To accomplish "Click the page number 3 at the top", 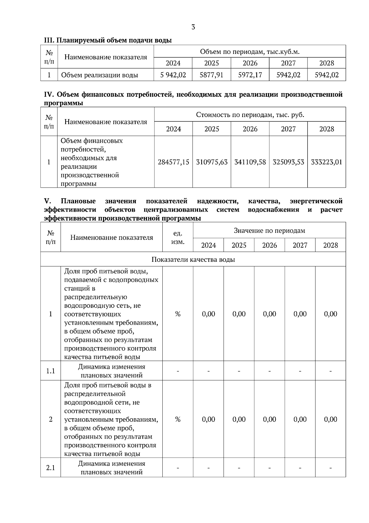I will [x=193, y=27].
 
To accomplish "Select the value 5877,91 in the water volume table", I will [x=212, y=75].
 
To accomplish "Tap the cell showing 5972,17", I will [x=250, y=75].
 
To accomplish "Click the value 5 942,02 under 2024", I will [x=173, y=75].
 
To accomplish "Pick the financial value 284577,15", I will [x=173, y=162].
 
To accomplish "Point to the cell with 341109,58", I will [x=250, y=162].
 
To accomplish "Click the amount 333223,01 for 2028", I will [x=327, y=162].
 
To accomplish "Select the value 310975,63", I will [x=212, y=162].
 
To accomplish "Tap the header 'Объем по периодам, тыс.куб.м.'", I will [x=250, y=51].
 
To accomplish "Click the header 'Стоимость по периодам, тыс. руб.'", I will [x=250, y=115].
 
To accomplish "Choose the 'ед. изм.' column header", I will [x=178, y=237].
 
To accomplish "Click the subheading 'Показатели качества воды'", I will [x=193, y=259].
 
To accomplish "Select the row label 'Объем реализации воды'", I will [x=99, y=75].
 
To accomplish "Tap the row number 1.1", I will [x=50, y=371].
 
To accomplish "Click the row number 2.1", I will [x=50, y=468].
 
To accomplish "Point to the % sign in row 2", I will [x=178, y=419].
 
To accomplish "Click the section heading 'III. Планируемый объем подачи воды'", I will [x=108, y=40].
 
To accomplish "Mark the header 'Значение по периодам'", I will [x=269, y=230].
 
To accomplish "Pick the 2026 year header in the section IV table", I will [x=250, y=129].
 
